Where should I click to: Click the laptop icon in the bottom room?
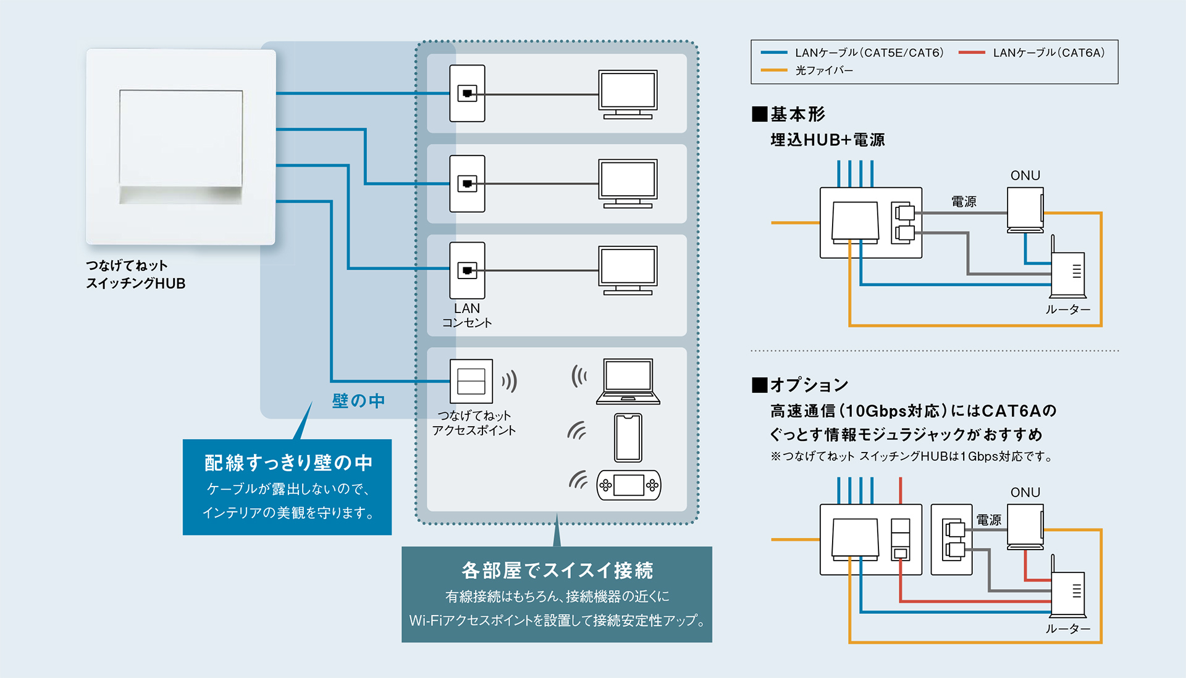tap(628, 381)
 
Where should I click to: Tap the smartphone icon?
tap(628, 438)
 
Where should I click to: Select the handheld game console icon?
tap(628, 485)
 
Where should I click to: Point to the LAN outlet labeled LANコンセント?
tap(467, 270)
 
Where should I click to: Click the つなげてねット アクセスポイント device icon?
tap(471, 381)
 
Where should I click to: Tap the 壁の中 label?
tap(358, 401)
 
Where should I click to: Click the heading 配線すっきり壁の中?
tap(288, 462)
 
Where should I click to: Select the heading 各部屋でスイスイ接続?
tap(557, 570)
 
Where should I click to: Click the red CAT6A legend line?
tap(971, 53)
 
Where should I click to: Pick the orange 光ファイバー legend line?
tap(773, 70)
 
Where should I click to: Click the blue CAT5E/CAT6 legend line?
tap(773, 53)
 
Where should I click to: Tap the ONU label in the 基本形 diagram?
tap(1025, 175)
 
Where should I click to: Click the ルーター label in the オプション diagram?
tap(1067, 629)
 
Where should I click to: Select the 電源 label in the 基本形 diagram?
tap(963, 201)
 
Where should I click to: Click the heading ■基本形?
tap(789, 114)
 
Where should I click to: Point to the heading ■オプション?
tap(800, 385)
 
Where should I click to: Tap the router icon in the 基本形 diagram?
tap(1068, 273)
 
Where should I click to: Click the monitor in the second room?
tap(628, 183)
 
